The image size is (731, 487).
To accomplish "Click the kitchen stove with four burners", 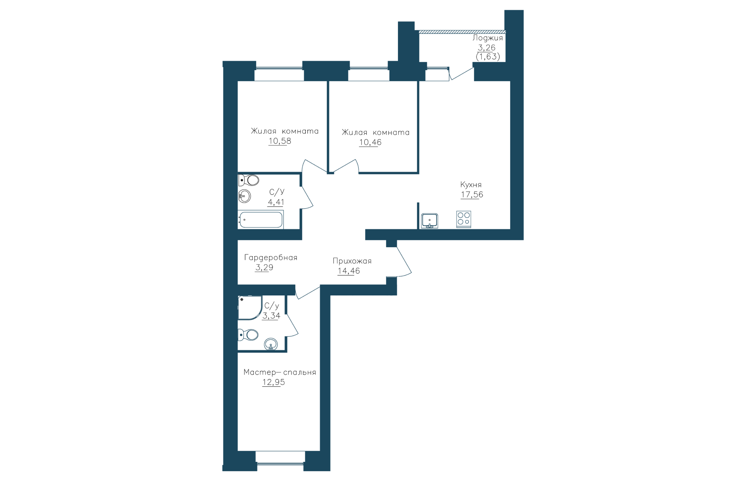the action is (x=463, y=219).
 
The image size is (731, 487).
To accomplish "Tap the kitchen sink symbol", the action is (x=429, y=220).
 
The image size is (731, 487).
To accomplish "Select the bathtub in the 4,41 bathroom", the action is (x=261, y=220).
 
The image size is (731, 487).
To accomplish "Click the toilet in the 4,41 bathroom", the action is (x=249, y=180).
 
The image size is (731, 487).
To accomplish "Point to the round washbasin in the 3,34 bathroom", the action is (x=271, y=344).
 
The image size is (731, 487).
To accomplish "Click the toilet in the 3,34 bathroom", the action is (x=248, y=335).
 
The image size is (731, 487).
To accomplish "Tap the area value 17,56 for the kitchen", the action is (x=472, y=194).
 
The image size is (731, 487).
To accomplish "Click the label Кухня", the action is (x=471, y=185).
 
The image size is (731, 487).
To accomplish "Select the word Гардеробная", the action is (x=271, y=258).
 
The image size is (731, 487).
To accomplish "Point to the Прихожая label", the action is (x=352, y=261).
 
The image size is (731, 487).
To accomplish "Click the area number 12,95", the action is (x=274, y=382).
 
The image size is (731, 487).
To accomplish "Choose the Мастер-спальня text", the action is (x=280, y=372).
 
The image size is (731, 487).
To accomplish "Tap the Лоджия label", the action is (x=488, y=38).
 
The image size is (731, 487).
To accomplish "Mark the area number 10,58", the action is (x=280, y=141).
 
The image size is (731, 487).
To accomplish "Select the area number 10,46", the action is (x=370, y=142).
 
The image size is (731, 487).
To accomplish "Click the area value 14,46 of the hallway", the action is (x=349, y=271).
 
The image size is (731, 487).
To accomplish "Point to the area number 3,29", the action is (x=264, y=267).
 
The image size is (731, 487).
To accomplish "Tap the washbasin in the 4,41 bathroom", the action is (x=244, y=196).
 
